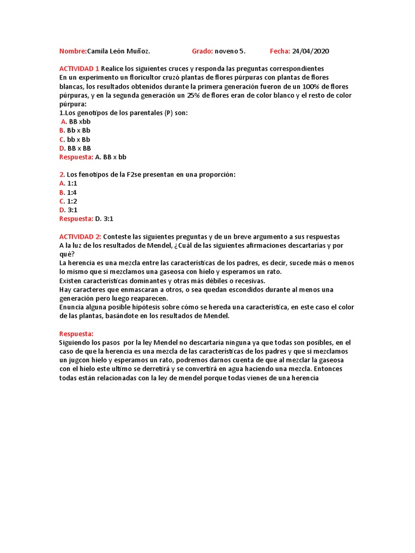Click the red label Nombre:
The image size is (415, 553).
tap(72, 51)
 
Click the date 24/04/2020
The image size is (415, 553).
tap(310, 51)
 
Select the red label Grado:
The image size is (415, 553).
tap(203, 51)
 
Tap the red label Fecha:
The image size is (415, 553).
tap(280, 51)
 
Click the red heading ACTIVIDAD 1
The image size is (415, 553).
tap(79, 69)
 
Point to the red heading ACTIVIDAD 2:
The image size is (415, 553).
tap(80, 237)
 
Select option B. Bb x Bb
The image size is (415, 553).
tap(75, 130)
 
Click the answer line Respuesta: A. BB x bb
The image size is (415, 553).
tap(92, 157)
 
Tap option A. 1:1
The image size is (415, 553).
tap(68, 183)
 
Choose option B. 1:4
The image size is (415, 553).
tap(68, 192)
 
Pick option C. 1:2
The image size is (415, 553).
tap(68, 201)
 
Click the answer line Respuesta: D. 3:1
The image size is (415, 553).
tap(86, 219)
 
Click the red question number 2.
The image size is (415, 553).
tap(61, 174)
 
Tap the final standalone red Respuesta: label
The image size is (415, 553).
tap(76, 334)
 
